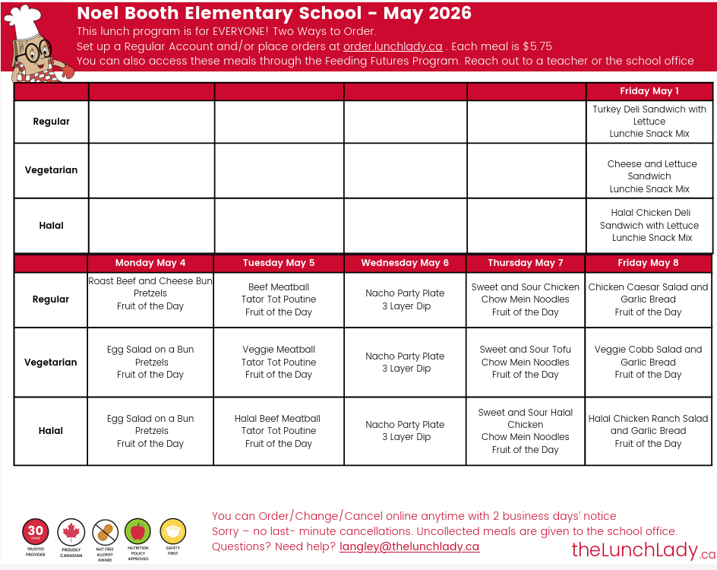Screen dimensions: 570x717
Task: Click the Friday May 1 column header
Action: [x=649, y=91]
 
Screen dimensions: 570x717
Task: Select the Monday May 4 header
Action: [x=150, y=263]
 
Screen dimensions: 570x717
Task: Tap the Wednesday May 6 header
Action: [x=405, y=263]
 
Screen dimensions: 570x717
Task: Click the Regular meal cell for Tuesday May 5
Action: [x=279, y=299]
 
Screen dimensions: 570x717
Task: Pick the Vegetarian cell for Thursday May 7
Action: [x=526, y=362]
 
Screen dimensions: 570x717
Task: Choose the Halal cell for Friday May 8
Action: [x=648, y=431]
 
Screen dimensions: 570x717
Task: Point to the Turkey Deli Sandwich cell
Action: [x=649, y=122]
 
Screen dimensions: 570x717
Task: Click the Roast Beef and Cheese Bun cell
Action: [x=150, y=293]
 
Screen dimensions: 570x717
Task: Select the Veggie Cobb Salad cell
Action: [x=648, y=362]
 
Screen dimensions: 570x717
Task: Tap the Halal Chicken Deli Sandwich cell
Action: [x=649, y=226]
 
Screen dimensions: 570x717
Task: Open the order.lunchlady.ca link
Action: [x=393, y=46]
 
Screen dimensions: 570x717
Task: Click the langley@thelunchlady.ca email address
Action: [x=409, y=546]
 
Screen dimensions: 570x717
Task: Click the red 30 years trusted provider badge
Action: [x=36, y=530]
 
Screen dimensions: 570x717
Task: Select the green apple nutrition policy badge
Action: [x=138, y=530]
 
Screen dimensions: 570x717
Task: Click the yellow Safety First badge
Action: [x=172, y=530]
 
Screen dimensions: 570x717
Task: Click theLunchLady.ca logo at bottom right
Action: [x=643, y=550]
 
